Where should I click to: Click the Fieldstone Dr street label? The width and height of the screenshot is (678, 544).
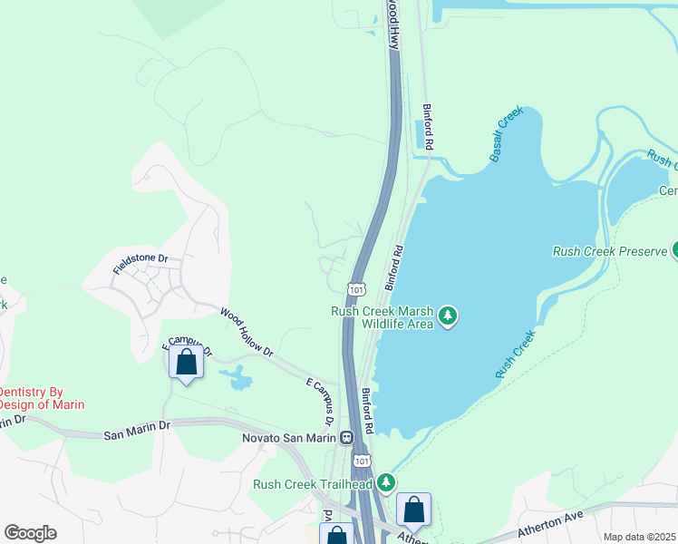tap(140, 264)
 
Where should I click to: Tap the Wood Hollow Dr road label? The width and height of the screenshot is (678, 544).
tap(246, 331)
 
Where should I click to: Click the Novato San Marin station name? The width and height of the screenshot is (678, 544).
tap(288, 438)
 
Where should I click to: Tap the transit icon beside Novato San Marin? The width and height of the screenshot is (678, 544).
tap(346, 439)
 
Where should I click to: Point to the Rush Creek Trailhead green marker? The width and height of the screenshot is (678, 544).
tap(387, 481)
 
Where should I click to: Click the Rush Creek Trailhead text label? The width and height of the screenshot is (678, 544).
tap(314, 484)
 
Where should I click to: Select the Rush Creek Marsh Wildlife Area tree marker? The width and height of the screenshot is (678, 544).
tap(447, 316)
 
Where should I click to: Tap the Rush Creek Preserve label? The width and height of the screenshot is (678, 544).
tap(609, 250)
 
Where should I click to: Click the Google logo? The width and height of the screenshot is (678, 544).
tap(30, 533)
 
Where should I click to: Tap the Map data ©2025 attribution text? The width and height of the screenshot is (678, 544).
tap(639, 537)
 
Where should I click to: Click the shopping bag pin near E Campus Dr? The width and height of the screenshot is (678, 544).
tap(186, 363)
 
